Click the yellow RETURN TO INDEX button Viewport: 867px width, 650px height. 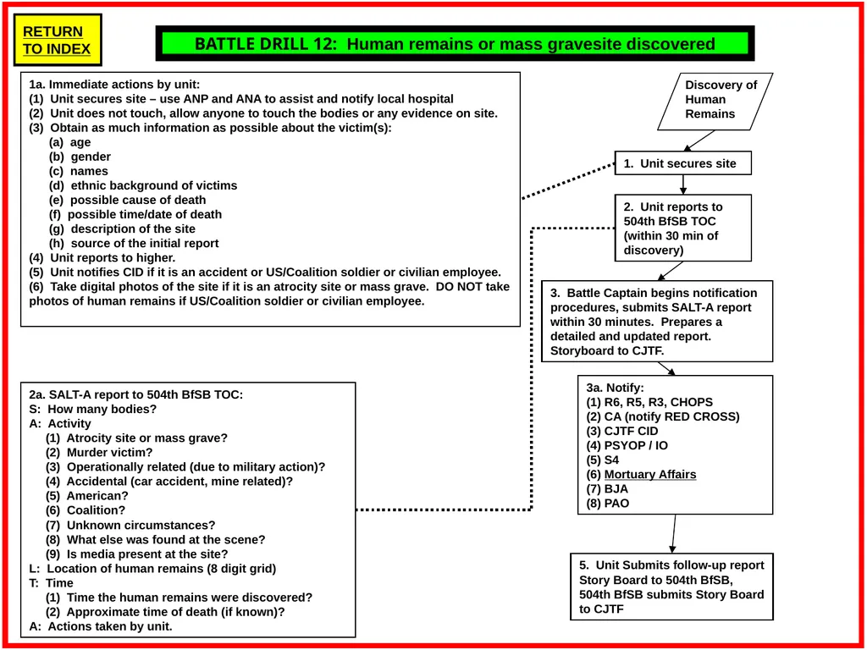point(58,40)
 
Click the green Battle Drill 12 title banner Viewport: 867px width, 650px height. point(455,44)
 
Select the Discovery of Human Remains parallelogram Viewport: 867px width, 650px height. point(715,102)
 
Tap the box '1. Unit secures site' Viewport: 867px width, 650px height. point(683,163)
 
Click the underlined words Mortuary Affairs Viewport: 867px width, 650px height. point(650,474)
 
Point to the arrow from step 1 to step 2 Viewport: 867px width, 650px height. point(683,185)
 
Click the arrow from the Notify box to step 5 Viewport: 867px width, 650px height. point(673,534)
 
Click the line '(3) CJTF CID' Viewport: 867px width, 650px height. point(622,431)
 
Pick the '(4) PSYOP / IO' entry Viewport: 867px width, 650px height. point(627,445)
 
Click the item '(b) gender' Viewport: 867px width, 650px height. point(80,157)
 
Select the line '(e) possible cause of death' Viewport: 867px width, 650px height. point(127,200)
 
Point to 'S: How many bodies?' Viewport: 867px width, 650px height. point(93,409)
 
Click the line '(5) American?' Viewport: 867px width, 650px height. point(87,496)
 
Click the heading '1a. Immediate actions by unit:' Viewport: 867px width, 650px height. point(114,85)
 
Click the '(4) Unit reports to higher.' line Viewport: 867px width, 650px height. point(102,257)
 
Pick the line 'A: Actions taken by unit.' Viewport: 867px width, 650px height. point(101,626)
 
